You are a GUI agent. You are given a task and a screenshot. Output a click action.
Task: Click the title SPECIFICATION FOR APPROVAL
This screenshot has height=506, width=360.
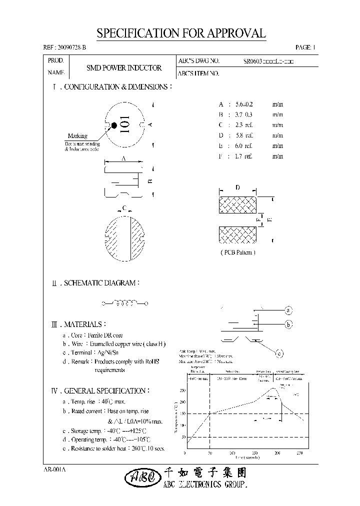pyautogui.click(x=181, y=34)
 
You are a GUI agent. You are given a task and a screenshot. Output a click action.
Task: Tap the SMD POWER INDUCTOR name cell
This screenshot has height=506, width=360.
pyautogui.click(x=124, y=68)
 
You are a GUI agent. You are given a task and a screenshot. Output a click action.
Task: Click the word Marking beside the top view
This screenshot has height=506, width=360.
pyautogui.click(x=77, y=135)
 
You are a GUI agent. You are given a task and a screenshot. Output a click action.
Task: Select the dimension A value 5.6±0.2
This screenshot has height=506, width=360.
pyautogui.click(x=244, y=104)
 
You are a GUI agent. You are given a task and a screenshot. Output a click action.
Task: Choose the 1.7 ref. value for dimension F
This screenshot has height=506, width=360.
pyautogui.click(x=243, y=156)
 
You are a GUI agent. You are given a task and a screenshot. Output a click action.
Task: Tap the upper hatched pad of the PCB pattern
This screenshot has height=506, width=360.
pyautogui.click(x=238, y=205)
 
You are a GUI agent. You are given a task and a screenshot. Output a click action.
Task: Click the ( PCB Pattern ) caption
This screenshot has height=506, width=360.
pyautogui.click(x=238, y=252)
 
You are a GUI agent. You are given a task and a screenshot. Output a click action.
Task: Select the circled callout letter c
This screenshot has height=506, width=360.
pyautogui.click(x=279, y=354)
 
